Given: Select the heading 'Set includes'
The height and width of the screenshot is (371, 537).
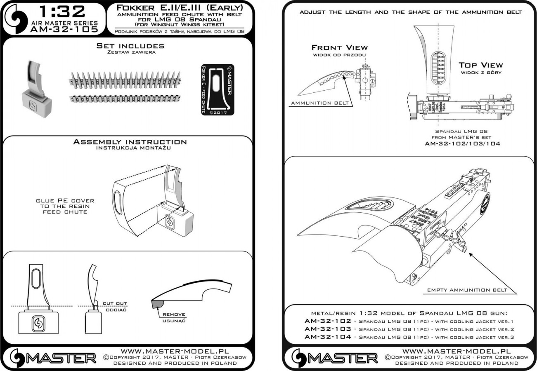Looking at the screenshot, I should point(130,46).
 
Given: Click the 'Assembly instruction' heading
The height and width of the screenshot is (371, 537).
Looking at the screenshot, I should point(130,142).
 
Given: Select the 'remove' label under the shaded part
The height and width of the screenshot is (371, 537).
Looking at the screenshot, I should point(177,315).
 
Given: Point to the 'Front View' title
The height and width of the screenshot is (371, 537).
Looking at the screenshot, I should point(339,48).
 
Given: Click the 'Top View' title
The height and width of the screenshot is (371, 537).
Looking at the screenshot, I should point(481,65).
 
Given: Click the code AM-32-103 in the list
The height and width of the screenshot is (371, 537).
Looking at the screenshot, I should point(328,329).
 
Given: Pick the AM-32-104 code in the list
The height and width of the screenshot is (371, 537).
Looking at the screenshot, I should point(328,337).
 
